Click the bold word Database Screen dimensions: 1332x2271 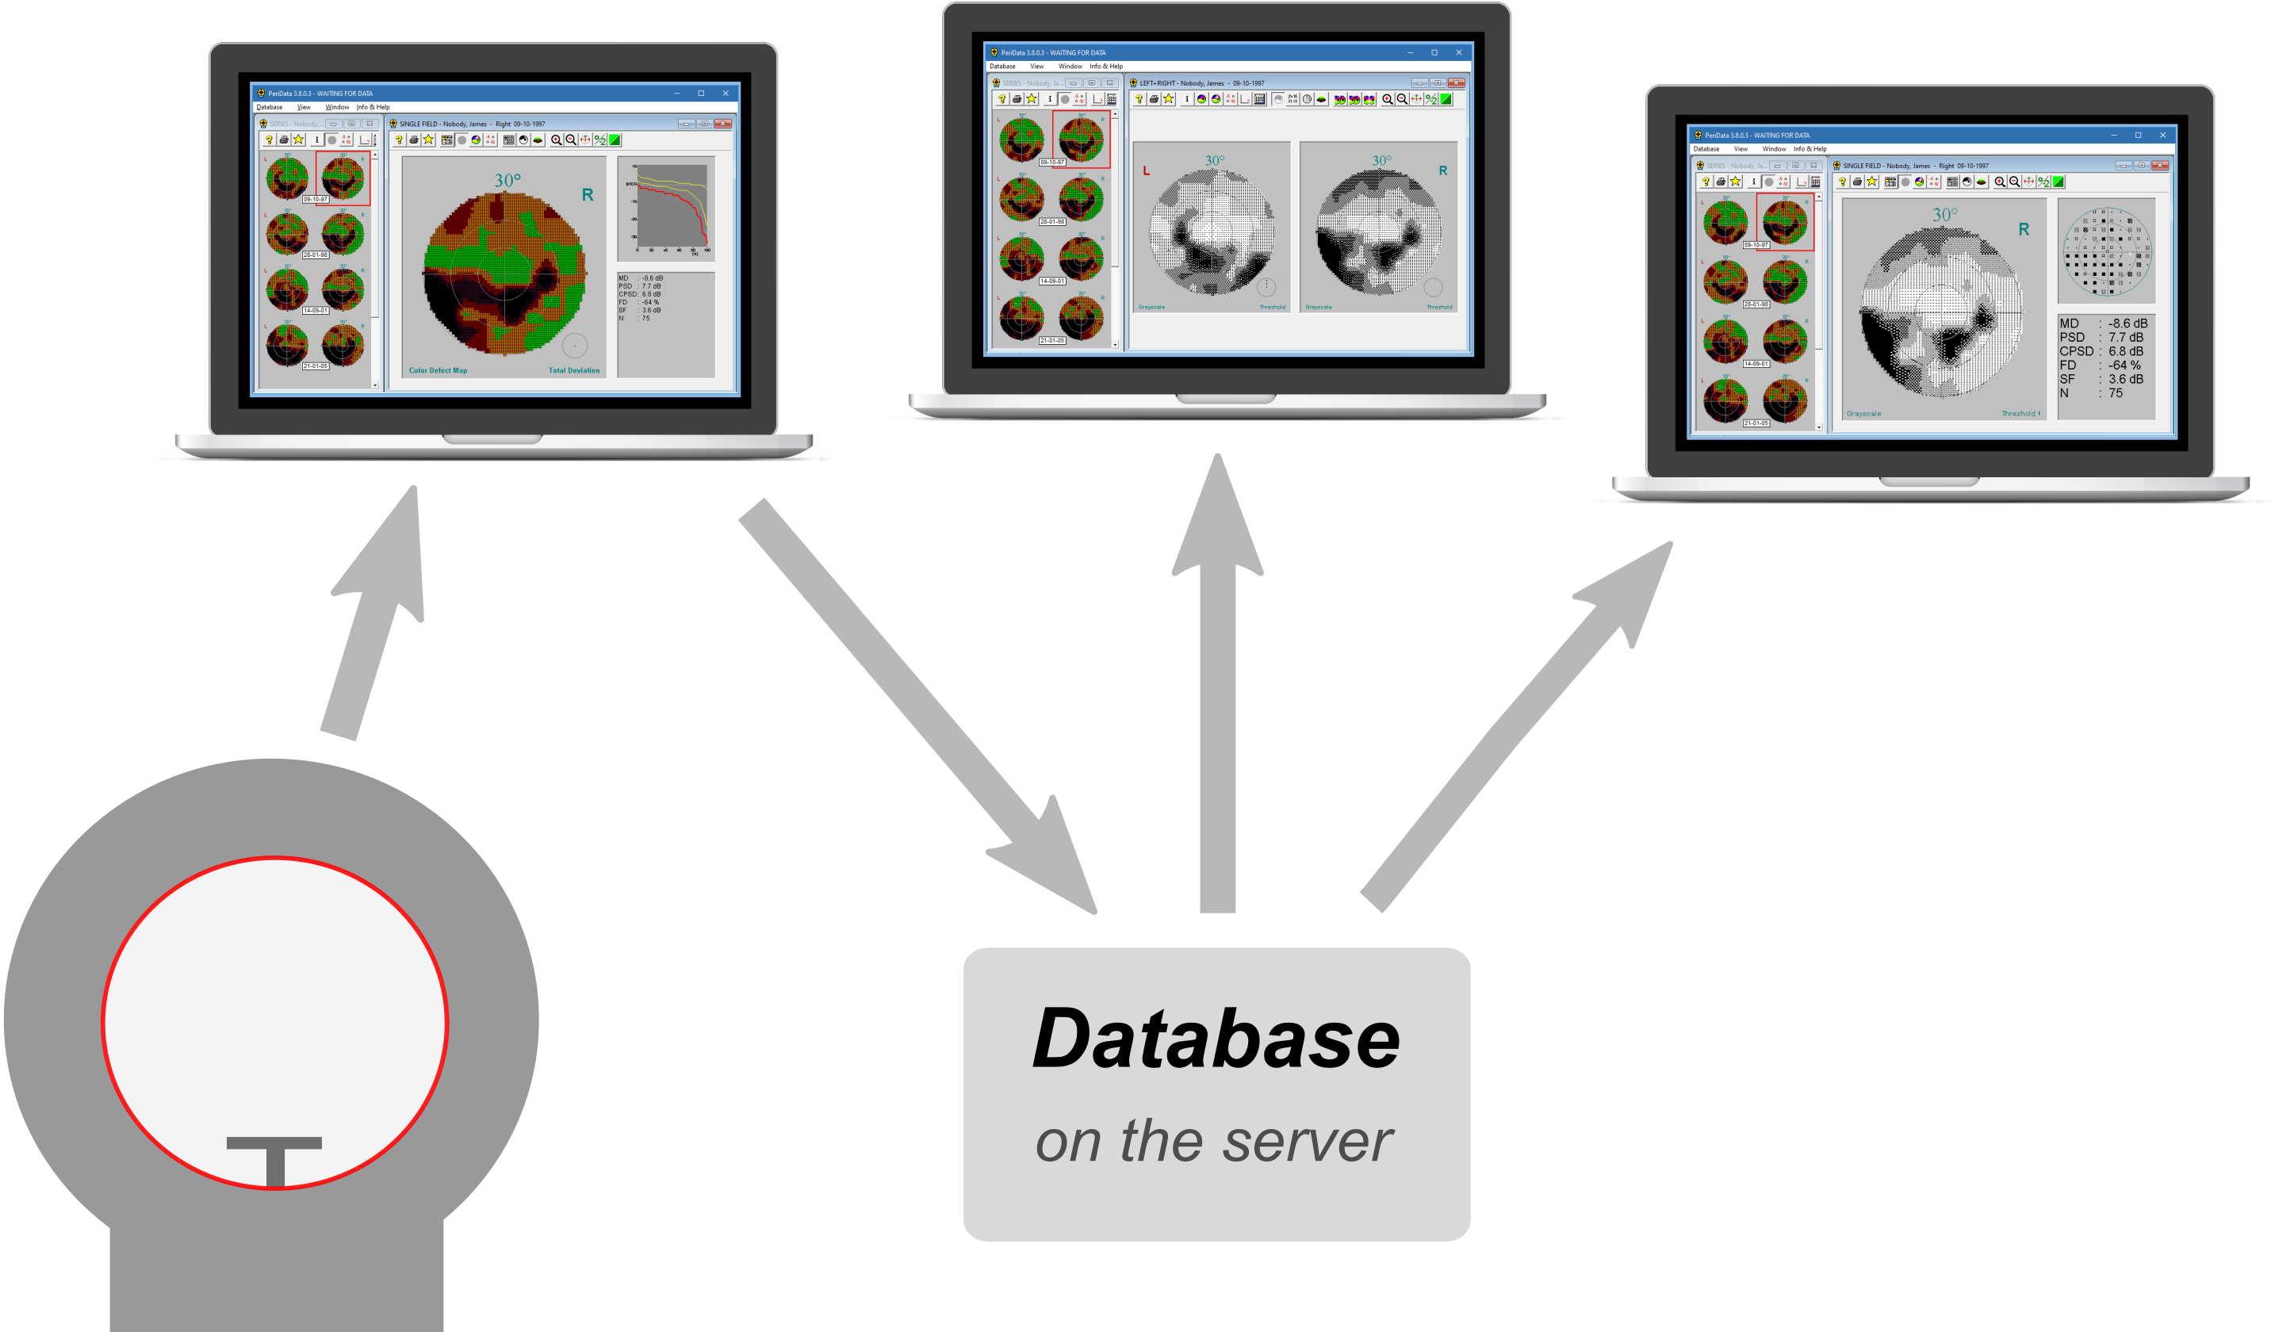[x=1216, y=1039]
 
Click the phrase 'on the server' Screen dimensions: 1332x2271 [x=1214, y=1141]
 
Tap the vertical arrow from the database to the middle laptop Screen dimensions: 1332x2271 [x=1217, y=685]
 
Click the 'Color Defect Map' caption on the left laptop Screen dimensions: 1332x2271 [x=438, y=370]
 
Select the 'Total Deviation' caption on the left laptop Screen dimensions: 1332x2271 [x=574, y=370]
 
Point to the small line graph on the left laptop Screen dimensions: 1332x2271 [x=668, y=209]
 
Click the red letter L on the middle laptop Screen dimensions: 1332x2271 [x=1147, y=171]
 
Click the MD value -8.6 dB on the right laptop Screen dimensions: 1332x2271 [x=2127, y=323]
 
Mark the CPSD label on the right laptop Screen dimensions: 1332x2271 [x=2075, y=351]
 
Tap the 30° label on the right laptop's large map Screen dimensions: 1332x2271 [x=1944, y=216]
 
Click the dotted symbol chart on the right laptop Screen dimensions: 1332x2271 [x=2107, y=251]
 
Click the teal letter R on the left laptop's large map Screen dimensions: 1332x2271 [x=588, y=195]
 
